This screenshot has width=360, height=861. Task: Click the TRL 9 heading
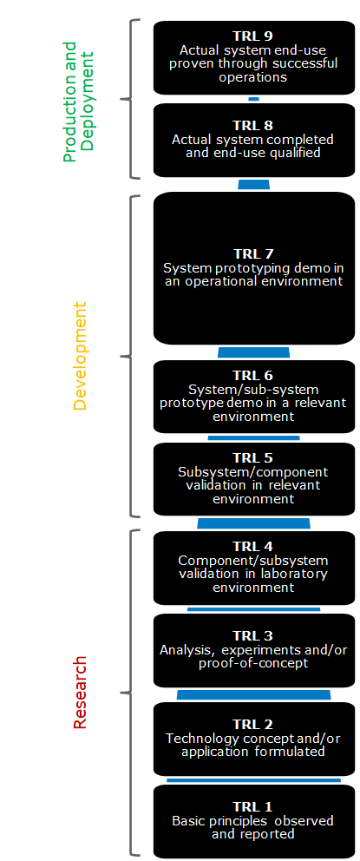pos(253,36)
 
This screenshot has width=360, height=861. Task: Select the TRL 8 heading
pos(253,125)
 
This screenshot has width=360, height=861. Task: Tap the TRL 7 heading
pos(253,253)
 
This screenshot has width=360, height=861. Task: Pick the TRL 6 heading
pos(253,375)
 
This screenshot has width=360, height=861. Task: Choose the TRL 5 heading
pos(253,457)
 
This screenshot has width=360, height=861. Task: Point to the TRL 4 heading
pos(253,546)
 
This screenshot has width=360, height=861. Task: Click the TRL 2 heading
pos(253,724)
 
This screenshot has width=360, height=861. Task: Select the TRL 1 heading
pos(253,806)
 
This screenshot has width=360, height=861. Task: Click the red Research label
pos(80,692)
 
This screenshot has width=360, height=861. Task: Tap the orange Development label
pos(80,355)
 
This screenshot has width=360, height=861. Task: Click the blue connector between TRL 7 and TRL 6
pos(253,352)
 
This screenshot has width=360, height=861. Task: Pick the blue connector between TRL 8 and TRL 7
pos(253,184)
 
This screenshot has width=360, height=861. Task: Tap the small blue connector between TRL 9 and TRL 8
pos(253,99)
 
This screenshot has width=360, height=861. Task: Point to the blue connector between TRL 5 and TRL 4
pos(253,523)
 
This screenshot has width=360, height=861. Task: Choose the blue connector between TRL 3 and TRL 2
pos(253,694)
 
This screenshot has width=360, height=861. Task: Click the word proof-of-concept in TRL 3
pos(253,664)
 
